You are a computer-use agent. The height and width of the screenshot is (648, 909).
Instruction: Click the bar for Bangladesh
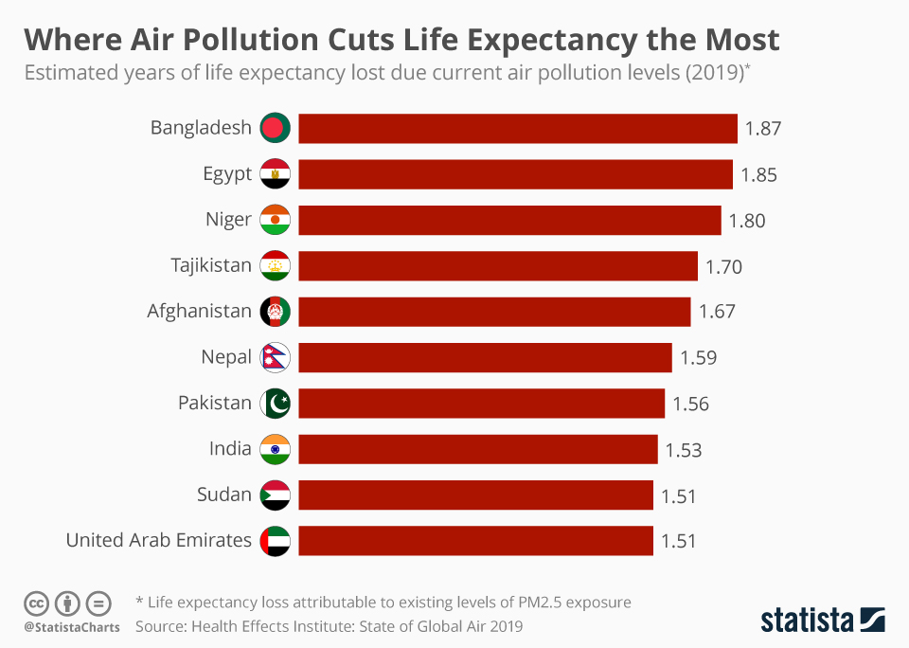(x=518, y=128)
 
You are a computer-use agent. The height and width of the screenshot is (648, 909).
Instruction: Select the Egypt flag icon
(x=275, y=173)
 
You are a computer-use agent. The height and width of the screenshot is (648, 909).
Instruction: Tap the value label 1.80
(x=747, y=221)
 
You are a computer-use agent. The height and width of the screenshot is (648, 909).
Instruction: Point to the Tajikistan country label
(x=211, y=265)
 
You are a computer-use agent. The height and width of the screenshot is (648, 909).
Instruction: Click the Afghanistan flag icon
(x=275, y=312)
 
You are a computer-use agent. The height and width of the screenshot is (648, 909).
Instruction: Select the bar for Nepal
(x=485, y=357)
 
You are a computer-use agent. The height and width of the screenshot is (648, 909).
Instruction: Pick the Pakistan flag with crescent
(x=275, y=404)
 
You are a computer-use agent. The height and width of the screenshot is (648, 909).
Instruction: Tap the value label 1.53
(x=684, y=450)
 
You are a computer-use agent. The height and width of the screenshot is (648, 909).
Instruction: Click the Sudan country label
(x=224, y=495)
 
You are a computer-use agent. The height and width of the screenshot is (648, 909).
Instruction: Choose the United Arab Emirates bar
(x=476, y=541)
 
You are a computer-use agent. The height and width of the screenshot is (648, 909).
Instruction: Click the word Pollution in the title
(x=250, y=40)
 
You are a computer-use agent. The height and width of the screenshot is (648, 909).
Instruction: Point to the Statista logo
(x=823, y=621)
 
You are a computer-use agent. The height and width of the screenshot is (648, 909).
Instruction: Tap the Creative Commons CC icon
(x=36, y=603)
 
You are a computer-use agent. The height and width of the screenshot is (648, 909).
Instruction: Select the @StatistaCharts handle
(x=72, y=627)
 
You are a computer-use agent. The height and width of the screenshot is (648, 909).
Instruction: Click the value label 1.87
(x=763, y=128)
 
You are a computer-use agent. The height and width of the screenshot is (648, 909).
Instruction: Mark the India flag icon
(x=275, y=449)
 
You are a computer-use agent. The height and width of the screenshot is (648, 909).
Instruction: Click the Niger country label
(x=228, y=219)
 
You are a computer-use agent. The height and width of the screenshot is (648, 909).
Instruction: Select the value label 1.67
(x=717, y=312)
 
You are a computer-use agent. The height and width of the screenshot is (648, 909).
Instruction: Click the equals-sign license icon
(x=98, y=603)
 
